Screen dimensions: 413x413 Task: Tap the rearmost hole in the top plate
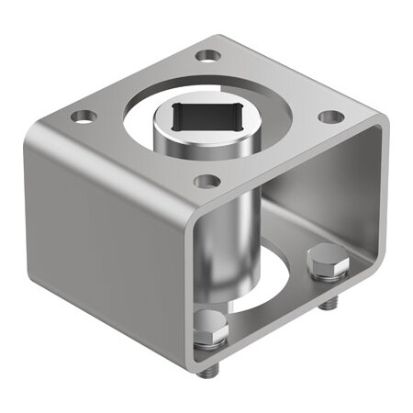click(x=208, y=55)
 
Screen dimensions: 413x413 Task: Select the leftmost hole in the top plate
click(x=84, y=117)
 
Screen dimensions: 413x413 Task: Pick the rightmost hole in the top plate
click(x=331, y=117)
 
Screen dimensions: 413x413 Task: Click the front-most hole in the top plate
click(x=207, y=182)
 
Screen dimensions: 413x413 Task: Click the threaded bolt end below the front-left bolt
click(x=212, y=369)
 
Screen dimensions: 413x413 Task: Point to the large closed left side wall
click(x=101, y=239)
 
